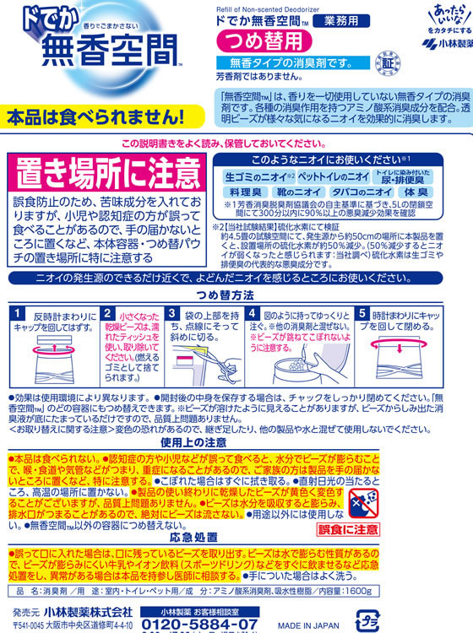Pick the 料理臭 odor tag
(244, 193)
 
